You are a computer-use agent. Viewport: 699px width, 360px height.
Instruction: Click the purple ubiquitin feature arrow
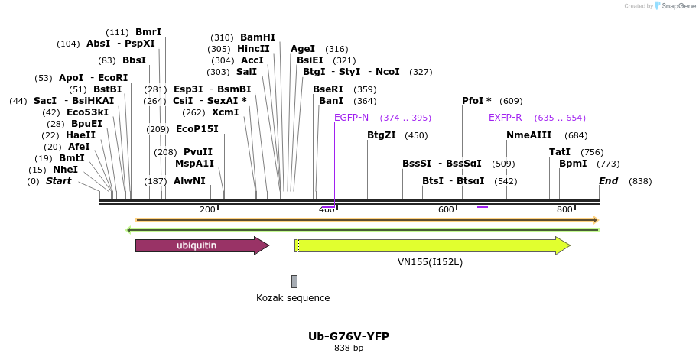click(201, 245)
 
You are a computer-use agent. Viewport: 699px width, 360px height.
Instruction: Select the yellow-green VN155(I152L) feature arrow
click(432, 245)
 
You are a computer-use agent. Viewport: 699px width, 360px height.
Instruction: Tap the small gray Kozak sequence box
click(294, 281)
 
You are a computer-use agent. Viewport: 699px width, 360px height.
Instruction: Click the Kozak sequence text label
click(293, 298)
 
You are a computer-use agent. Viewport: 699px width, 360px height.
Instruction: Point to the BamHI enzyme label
click(258, 37)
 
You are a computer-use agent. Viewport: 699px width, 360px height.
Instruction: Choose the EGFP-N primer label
click(351, 118)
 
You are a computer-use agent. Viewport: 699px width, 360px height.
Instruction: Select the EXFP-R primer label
click(505, 118)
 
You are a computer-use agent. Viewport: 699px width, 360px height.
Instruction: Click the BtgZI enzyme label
click(382, 135)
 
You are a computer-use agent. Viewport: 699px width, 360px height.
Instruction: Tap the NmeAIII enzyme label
click(528, 135)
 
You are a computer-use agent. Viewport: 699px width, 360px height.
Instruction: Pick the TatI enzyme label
click(560, 152)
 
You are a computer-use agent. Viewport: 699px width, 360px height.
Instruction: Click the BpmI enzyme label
click(573, 164)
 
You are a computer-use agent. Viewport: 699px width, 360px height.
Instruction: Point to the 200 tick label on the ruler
click(207, 209)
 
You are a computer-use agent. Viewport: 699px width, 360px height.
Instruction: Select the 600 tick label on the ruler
click(446, 209)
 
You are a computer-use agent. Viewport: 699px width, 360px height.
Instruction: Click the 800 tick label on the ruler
click(565, 209)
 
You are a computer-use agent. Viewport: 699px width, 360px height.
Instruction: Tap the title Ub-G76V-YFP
click(349, 336)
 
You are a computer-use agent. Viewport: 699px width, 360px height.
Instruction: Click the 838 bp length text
click(349, 349)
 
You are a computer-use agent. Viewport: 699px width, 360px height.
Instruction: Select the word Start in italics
click(58, 181)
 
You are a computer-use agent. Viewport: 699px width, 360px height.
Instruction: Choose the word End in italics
click(609, 181)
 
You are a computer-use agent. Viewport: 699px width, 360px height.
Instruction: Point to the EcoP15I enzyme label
click(197, 129)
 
